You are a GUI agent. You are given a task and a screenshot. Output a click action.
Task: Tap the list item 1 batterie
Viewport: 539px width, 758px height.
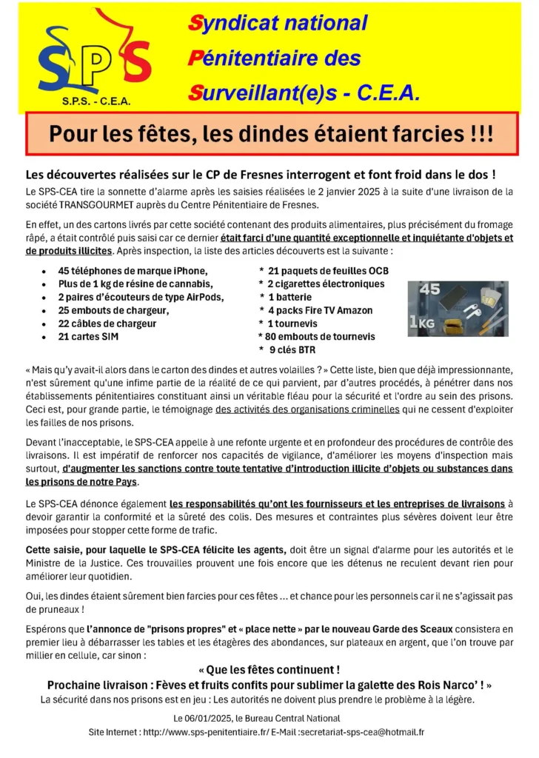point(290,297)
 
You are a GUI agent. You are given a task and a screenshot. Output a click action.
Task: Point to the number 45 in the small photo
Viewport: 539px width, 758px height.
point(429,290)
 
